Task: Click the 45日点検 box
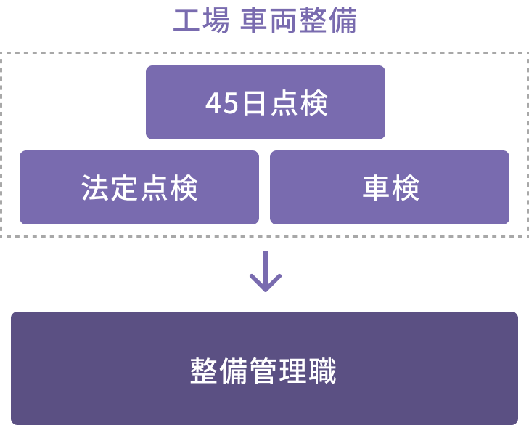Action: [x=266, y=102]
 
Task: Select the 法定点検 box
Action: [x=139, y=187]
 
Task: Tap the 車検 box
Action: [x=390, y=187]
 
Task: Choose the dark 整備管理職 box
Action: [x=264, y=368]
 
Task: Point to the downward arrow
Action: [x=266, y=271]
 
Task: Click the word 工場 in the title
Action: [x=202, y=20]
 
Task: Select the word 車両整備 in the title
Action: [x=298, y=20]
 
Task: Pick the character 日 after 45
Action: [x=254, y=103]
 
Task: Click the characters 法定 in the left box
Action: [x=110, y=188]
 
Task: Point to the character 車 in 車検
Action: [x=376, y=188]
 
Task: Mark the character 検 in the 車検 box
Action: [x=406, y=188]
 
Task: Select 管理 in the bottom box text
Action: [x=278, y=371]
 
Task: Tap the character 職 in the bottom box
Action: [x=322, y=371]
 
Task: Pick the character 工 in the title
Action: [x=186, y=20]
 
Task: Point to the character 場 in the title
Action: [x=216, y=20]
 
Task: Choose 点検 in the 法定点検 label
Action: [x=169, y=188]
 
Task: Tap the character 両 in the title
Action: [x=284, y=20]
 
